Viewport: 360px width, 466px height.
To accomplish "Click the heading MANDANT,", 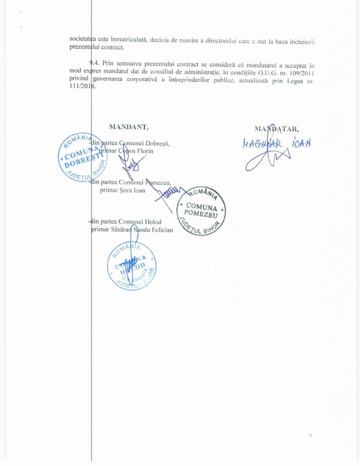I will pyautogui.click(x=129, y=127).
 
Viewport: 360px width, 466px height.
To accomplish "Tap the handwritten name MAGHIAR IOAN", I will pyautogui.click(x=277, y=142).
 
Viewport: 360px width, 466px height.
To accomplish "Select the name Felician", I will pyautogui.click(x=159, y=230).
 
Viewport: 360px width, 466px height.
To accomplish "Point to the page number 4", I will pyautogui.click(x=310, y=436).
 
